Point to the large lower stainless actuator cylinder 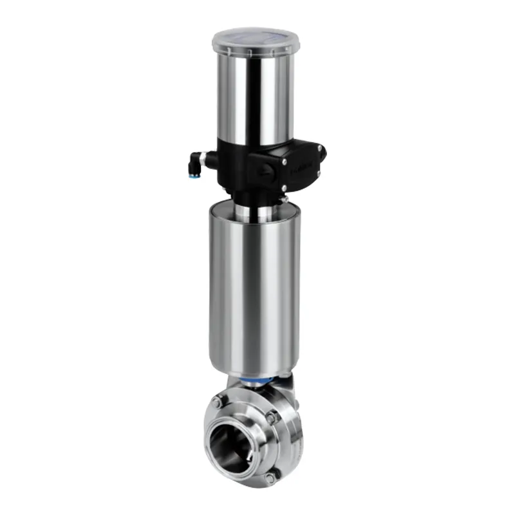tap(254, 290)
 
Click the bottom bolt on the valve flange tap(270, 477)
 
